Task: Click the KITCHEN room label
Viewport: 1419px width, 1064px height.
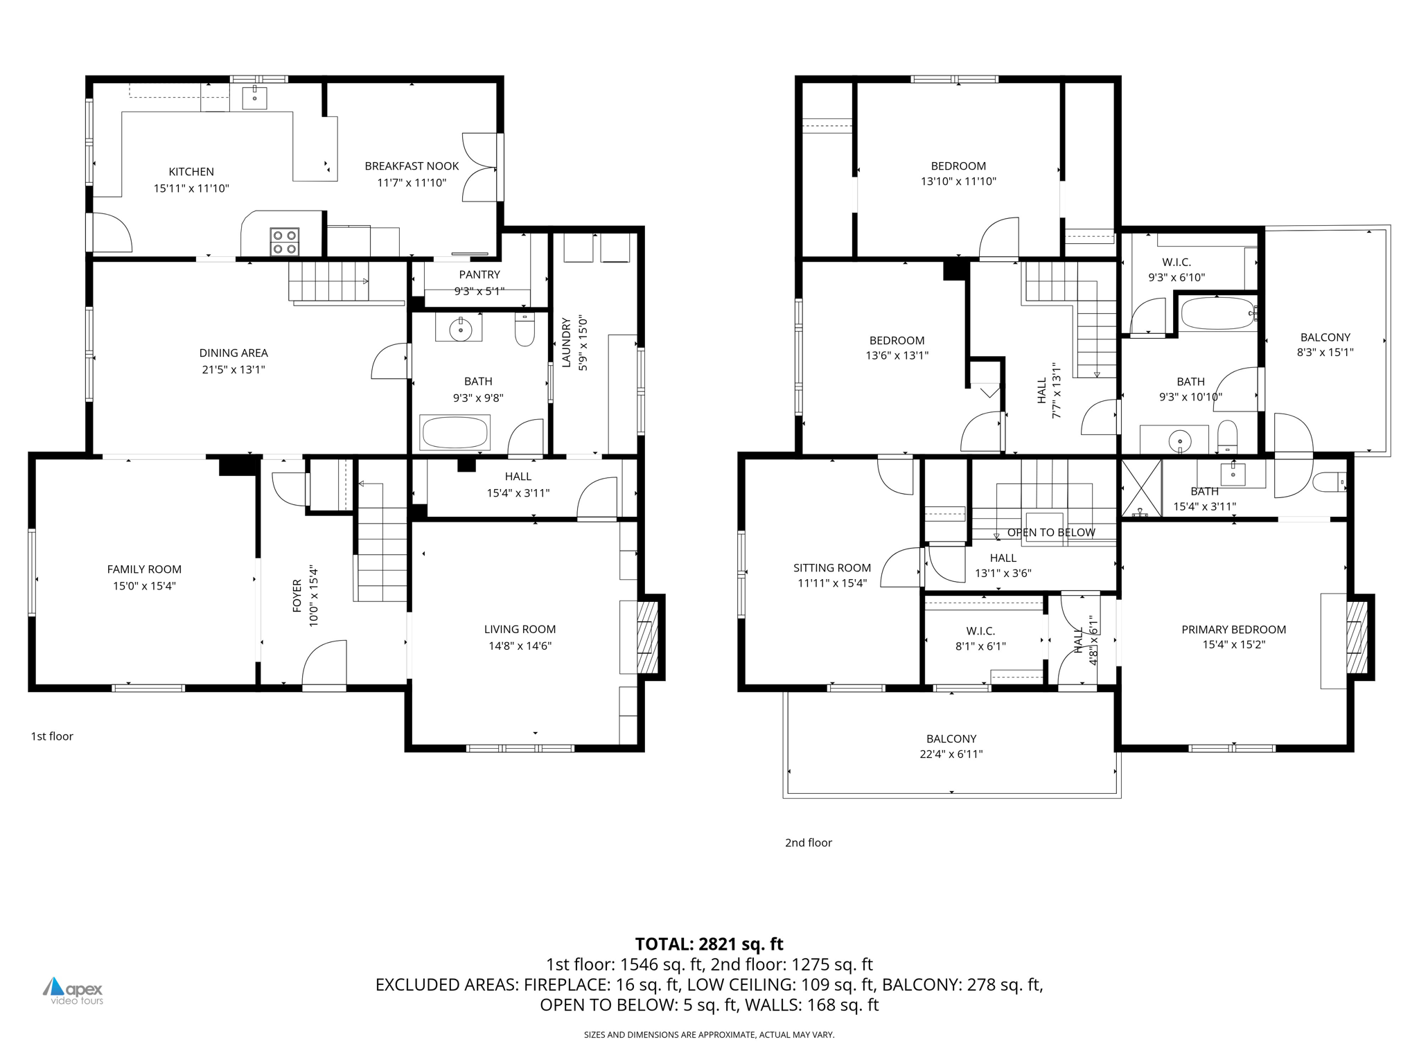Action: click(191, 172)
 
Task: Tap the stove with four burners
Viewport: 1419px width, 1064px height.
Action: click(285, 242)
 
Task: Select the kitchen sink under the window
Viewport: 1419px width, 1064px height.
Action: click(254, 98)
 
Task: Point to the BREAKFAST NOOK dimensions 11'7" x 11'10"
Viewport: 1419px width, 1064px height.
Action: click(412, 183)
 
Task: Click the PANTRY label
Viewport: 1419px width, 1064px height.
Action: click(479, 275)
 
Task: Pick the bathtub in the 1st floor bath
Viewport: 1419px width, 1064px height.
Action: click(455, 433)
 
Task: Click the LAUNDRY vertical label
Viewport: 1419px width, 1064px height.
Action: click(566, 342)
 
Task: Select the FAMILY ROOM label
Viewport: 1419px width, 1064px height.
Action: click(144, 569)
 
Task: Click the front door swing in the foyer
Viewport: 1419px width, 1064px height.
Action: click(324, 663)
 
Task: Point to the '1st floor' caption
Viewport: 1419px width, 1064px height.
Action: click(52, 736)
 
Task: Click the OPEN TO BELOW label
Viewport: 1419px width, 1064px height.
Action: click(1051, 533)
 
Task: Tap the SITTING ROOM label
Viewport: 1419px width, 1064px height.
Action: click(832, 568)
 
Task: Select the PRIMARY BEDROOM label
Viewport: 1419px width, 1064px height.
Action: click(1233, 630)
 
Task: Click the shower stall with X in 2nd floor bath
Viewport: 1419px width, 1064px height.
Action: click(1141, 488)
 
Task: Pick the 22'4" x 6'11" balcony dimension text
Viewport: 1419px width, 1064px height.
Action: click(951, 754)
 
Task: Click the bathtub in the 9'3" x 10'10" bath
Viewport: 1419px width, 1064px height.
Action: click(1217, 314)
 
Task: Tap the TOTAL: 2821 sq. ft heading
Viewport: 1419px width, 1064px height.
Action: click(709, 944)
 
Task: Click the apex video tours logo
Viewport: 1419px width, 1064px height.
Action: click(73, 991)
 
